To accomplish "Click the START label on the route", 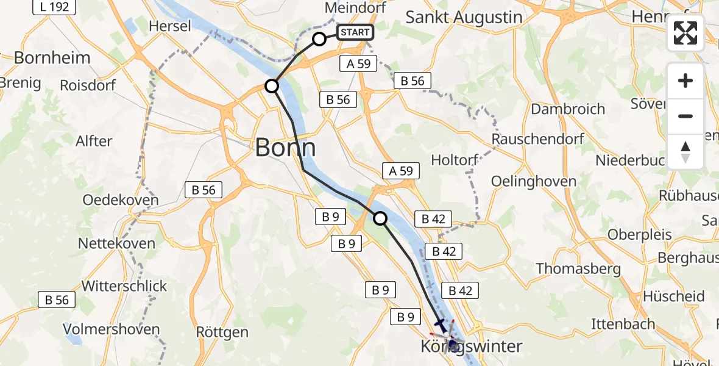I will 355,32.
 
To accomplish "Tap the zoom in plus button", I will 685,81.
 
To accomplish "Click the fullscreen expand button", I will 685,34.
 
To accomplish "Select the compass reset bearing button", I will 685,151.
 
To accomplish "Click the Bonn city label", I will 285,148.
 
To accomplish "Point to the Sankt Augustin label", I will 464,17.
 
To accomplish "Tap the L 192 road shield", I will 54,7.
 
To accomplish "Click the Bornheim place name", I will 52,58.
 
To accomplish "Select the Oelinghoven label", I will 534,181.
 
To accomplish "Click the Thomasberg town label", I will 578,268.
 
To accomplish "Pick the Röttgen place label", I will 222,332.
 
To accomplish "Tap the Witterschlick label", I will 124,286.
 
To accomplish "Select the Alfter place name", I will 94,141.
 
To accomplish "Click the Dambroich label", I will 568,109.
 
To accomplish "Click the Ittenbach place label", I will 623,324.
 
